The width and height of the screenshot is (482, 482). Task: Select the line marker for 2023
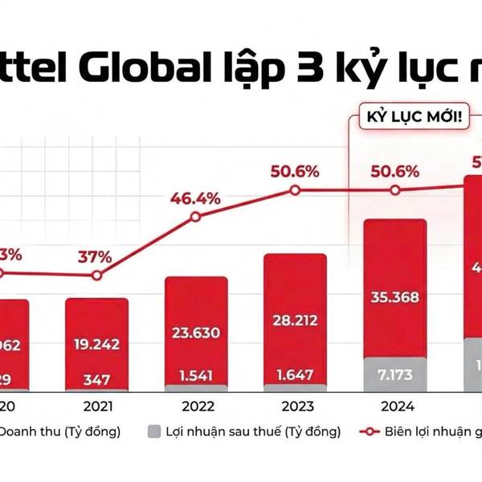coord(295,190)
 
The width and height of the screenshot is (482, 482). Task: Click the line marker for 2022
coord(195,218)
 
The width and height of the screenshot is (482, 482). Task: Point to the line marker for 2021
coord(96,275)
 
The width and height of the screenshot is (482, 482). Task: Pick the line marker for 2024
coord(394,190)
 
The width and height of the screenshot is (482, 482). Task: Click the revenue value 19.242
coord(96,343)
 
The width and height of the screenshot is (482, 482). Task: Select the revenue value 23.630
coord(196,332)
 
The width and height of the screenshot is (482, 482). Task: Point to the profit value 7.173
coord(394,374)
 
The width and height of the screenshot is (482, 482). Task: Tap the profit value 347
coord(96,379)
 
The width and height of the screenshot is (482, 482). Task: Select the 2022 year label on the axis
coord(196,406)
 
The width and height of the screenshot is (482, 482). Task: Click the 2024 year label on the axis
coord(394,406)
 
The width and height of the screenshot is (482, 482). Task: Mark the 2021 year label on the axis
coord(96,406)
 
